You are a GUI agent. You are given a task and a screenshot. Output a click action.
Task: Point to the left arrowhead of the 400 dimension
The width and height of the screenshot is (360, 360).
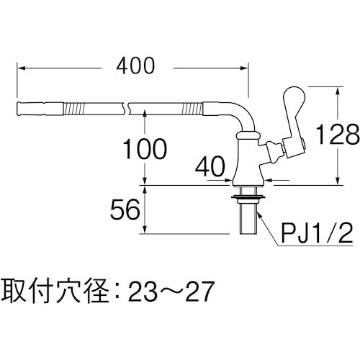point(19,68)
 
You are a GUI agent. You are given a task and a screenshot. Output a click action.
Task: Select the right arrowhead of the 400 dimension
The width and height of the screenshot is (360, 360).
point(246,68)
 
